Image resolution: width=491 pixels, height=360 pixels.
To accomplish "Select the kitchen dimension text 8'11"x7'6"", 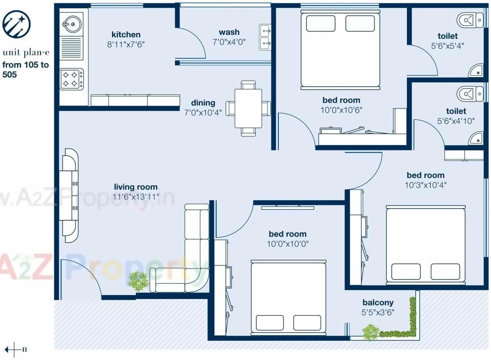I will coord(126,44).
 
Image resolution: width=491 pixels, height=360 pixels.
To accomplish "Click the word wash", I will coord(229,32).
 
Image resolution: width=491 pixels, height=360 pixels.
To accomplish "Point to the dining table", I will coord(248,108).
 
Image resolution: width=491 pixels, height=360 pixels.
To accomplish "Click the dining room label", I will coord(203,103).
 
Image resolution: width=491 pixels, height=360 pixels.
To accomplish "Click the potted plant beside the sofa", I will coord(138,281).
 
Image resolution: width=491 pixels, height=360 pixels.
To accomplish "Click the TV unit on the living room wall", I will coord(70,195).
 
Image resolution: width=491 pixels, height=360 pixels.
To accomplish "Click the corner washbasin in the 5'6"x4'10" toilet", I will coord(476,139).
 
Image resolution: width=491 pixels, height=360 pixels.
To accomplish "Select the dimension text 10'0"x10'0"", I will coord(288,244).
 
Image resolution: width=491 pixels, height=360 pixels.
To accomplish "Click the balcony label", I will coord(378,302).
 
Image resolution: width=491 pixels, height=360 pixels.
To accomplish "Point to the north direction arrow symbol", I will coord(14,349).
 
